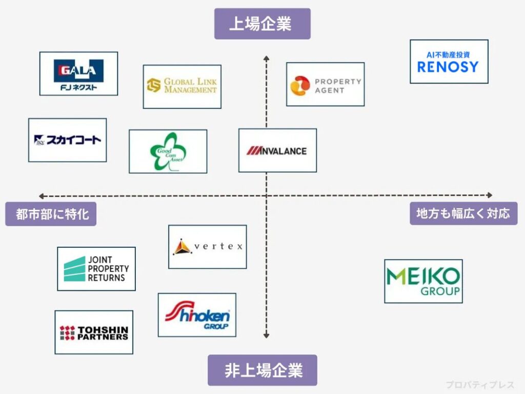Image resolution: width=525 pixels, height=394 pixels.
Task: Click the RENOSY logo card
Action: click(449, 62)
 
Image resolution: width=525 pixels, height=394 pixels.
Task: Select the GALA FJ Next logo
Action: click(78, 73)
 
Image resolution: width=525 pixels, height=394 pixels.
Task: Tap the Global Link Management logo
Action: click(182, 86)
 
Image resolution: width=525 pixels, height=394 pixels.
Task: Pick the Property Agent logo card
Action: click(325, 84)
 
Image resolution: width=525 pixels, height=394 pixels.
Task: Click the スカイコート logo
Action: click(67, 140)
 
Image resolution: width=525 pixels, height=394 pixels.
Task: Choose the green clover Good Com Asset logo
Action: click(168, 151)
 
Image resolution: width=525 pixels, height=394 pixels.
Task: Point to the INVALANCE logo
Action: click(277, 150)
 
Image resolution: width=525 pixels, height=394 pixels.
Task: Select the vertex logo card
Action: click(207, 247)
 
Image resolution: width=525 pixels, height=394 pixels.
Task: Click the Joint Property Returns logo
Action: click(96, 269)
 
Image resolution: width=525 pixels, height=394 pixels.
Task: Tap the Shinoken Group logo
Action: click(197, 315)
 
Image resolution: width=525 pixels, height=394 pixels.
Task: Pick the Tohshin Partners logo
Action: click(94, 332)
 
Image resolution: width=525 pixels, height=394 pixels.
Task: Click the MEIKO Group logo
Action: click(423, 281)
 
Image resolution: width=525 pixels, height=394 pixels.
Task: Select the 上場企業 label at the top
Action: click(262, 24)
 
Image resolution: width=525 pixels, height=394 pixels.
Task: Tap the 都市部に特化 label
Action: click(51, 214)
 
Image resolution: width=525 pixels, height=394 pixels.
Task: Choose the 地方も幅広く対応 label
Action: click(463, 213)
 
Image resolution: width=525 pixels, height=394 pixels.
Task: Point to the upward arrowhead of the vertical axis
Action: click(266, 58)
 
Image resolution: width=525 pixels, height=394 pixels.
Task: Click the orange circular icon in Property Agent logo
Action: click(299, 86)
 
